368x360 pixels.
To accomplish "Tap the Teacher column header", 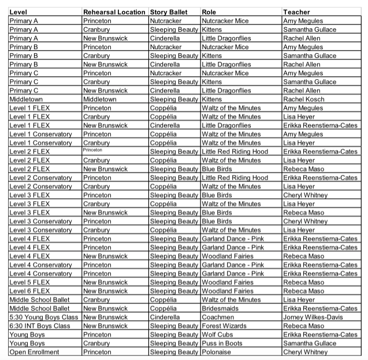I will tap(296, 12).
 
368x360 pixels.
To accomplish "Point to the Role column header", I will tap(209, 12).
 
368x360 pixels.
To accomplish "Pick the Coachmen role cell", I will tap(218, 317).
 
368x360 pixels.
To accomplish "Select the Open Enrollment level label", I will tap(34, 352).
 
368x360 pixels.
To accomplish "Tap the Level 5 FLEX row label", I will tap(29, 283).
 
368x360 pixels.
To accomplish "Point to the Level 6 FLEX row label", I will tap(29, 291).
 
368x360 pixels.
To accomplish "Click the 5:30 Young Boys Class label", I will tap(44, 317).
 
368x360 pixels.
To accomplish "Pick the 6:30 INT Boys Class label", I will tap(40, 326).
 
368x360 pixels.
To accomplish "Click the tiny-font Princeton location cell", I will tap(93, 150).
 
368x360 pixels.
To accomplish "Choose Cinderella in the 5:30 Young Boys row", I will tap(165, 317).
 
